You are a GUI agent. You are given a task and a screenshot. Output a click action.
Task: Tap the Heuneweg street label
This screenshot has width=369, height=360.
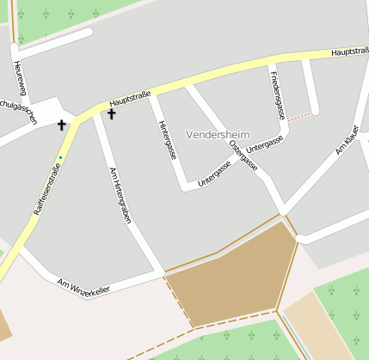[20, 79]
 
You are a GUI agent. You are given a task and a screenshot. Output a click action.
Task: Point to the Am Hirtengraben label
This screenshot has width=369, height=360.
[120, 196]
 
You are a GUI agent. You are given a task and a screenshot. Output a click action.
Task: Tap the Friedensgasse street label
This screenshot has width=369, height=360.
[277, 96]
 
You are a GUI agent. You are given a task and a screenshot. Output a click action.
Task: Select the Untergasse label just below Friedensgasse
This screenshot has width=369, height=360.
[264, 144]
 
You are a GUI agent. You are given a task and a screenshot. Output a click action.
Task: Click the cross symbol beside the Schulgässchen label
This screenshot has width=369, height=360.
[61, 125]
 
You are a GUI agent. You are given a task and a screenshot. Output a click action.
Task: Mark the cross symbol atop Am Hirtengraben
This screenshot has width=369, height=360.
[111, 113]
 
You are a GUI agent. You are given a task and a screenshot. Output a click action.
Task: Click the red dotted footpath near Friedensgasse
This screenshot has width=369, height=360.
[298, 117]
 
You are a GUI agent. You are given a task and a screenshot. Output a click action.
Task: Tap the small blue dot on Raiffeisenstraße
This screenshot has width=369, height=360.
[60, 157]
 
